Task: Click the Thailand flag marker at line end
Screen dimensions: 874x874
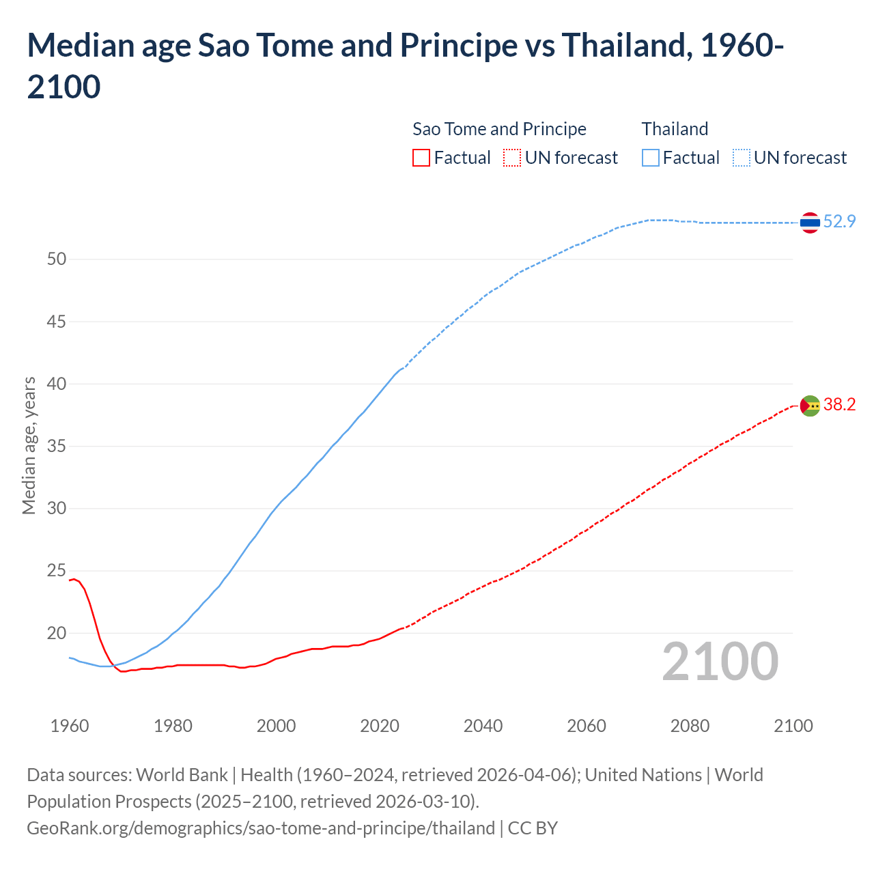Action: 810,223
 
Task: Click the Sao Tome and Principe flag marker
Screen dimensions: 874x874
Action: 810,406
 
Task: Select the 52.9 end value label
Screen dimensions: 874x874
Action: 839,221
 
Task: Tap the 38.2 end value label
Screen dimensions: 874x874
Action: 839,404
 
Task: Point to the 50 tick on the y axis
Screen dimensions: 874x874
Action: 57,259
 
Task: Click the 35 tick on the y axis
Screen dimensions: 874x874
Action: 57,446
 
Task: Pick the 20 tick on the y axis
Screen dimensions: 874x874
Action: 57,633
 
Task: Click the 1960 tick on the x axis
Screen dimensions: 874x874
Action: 70,726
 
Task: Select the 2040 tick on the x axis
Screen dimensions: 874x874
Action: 483,726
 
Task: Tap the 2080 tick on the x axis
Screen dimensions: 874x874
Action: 690,726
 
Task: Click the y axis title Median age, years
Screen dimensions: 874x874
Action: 29,445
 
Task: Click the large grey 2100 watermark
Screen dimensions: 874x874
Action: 720,661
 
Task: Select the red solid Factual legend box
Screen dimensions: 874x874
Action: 421,158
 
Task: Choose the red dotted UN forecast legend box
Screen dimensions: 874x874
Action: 512,158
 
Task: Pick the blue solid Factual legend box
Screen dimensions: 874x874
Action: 651,158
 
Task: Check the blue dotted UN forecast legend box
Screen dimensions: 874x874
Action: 742,158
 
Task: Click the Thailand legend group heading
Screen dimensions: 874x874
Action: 675,129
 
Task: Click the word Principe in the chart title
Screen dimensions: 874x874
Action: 458,46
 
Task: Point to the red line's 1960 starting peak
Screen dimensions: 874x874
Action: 73,579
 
